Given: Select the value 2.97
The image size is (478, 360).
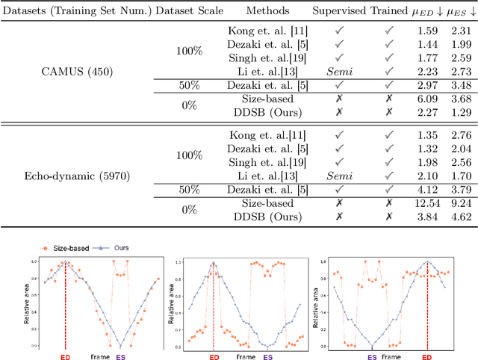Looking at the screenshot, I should click(x=426, y=84).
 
